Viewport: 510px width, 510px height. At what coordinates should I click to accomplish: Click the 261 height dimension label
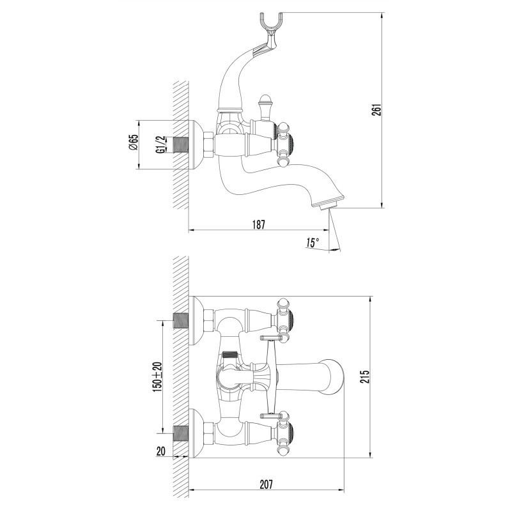(376, 110)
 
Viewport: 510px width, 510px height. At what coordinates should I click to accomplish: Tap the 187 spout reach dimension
(259, 224)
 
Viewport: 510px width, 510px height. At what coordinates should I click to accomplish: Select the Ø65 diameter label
(134, 142)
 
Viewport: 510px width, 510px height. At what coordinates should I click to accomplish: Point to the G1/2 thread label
(160, 144)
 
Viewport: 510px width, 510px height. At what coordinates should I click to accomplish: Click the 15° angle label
(313, 243)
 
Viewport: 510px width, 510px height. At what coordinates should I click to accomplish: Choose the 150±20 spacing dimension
(157, 376)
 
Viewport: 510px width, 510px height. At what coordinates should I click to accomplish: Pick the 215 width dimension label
(365, 376)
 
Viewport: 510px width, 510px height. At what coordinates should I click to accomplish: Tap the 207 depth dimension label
(266, 484)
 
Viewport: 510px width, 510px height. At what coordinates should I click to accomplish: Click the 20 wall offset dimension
(161, 451)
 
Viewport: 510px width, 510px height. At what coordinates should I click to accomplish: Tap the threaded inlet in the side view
(180, 144)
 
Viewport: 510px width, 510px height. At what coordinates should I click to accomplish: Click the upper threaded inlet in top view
(180, 320)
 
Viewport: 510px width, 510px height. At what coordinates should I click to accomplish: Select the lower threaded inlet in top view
(180, 433)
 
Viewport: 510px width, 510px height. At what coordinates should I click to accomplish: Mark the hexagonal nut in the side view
(209, 144)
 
